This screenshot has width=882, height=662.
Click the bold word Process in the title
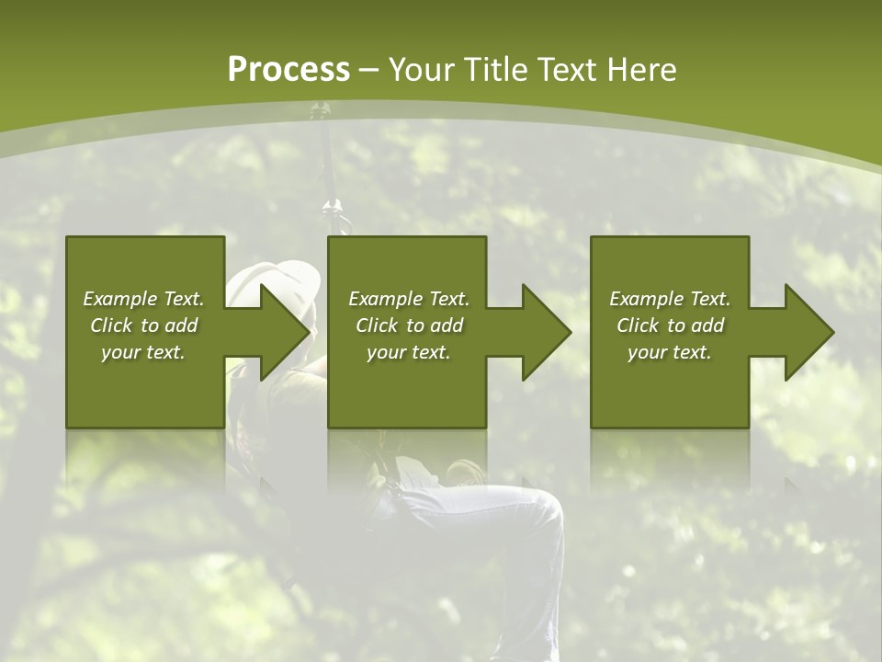pos(288,70)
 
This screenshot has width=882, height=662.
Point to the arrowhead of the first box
pos(285,332)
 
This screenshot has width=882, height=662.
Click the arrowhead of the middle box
pos(547,332)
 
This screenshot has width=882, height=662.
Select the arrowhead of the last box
pos(809,332)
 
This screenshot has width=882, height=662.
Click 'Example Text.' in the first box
pos(143,299)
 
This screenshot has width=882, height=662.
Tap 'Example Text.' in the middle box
pos(409,299)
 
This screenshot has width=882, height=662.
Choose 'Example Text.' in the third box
pos(670,299)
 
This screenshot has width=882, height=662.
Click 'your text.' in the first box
pos(143,352)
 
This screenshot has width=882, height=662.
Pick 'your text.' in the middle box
pos(409,352)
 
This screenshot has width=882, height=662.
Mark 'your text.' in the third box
pos(670,352)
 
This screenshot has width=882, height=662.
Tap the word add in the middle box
pos(446,325)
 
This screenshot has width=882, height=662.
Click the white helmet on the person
pos(276,276)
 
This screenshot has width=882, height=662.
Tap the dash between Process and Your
pos(368,71)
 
